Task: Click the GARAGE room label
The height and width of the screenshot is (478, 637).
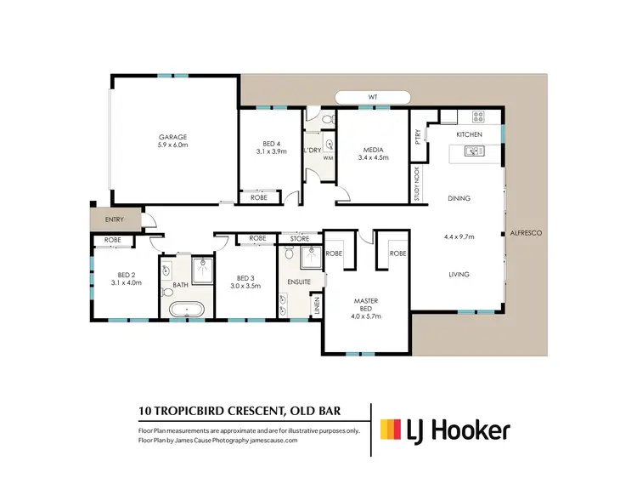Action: click(172, 137)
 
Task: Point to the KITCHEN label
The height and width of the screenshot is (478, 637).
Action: click(469, 135)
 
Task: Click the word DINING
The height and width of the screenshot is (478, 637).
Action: click(459, 198)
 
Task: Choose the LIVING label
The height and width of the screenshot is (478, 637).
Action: click(459, 274)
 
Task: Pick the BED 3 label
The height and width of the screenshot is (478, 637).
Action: click(246, 278)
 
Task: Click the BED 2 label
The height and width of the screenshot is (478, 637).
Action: click(126, 273)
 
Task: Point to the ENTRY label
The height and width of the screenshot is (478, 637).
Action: click(114, 220)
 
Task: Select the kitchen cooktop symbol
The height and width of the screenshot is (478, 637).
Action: click(477, 117)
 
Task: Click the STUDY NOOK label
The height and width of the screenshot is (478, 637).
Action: click(417, 183)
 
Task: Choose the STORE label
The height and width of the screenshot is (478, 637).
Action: click(299, 238)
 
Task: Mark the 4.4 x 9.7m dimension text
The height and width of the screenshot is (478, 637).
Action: click(459, 236)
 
